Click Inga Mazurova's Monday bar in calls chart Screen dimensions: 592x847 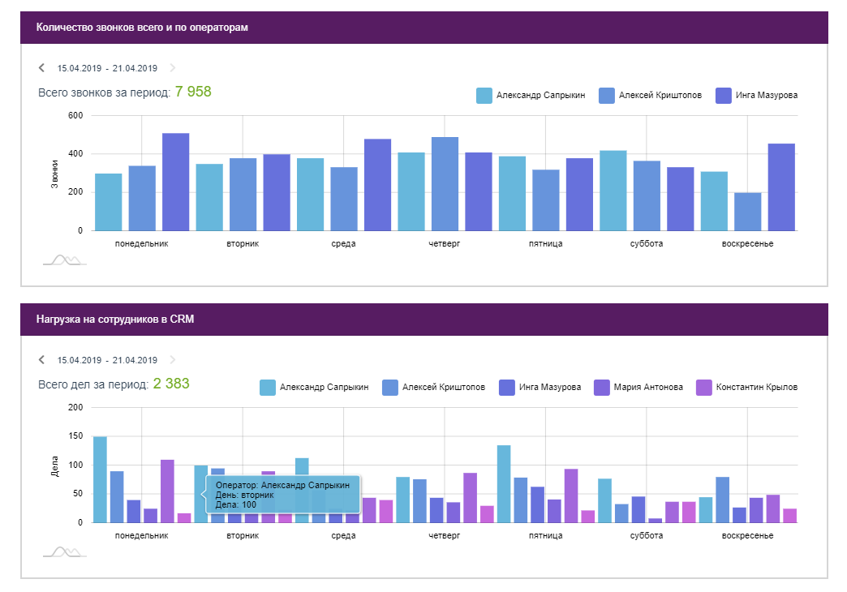175,182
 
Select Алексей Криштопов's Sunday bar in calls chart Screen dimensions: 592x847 747,211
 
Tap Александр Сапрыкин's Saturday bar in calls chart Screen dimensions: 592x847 613,190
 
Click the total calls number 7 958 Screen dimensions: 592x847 193,92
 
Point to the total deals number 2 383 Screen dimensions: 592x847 171,384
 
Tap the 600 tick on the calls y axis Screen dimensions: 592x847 75,116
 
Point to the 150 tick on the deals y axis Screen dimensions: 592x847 75,436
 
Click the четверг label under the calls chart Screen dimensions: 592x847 445,244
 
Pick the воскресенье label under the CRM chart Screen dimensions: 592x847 747,536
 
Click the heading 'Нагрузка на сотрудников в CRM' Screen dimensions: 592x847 115,320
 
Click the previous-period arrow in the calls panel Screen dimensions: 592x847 41,68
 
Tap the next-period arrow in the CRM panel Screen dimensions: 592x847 172,360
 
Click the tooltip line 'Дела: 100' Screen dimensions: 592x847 236,504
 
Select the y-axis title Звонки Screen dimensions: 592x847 55,174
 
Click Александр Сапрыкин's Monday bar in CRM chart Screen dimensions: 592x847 101,479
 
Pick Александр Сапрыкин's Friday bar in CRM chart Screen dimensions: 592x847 504,483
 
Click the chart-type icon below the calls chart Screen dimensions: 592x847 64,260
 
